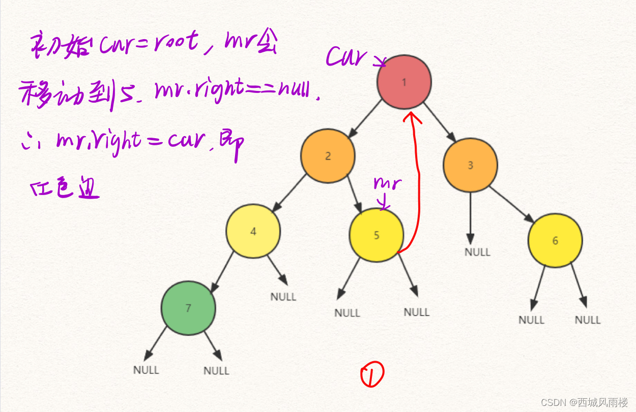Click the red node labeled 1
pyautogui.click(x=404, y=82)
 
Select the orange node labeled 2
pyautogui.click(x=328, y=156)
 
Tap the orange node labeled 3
pyautogui.click(x=470, y=165)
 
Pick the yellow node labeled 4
pyautogui.click(x=253, y=231)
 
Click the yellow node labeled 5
pyautogui.click(x=376, y=235)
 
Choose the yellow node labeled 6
pyautogui.click(x=555, y=240)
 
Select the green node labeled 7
pyautogui.click(x=188, y=308)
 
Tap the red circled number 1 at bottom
pyautogui.click(x=372, y=375)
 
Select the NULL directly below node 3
pyautogui.click(x=477, y=252)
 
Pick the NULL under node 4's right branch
pyautogui.click(x=283, y=297)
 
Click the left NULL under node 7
pyautogui.click(x=146, y=370)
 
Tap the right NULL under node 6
pyautogui.click(x=588, y=320)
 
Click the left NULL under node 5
pyautogui.click(x=347, y=313)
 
